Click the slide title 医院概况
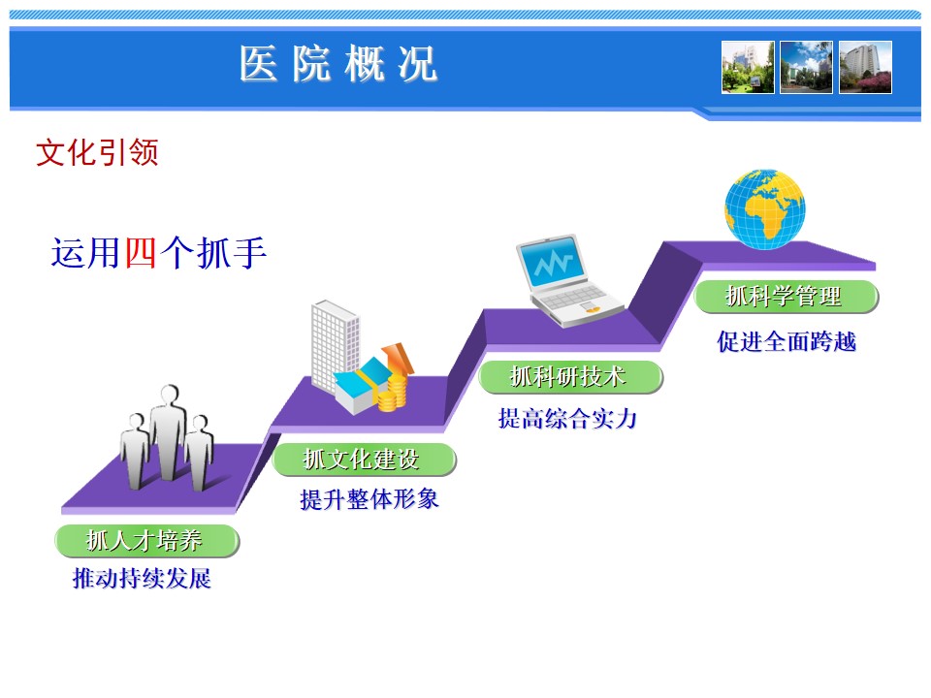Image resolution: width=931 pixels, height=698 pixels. (x=338, y=64)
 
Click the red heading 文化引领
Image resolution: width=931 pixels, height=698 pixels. (x=97, y=152)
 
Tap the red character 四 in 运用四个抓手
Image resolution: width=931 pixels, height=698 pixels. (x=141, y=253)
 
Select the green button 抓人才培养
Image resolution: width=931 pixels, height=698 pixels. (x=146, y=541)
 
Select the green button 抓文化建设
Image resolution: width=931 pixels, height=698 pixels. (x=364, y=460)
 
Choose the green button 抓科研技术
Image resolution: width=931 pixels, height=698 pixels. (x=570, y=377)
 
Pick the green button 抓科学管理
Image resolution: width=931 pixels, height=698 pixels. (x=786, y=297)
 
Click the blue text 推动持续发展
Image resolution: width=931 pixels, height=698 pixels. (x=142, y=578)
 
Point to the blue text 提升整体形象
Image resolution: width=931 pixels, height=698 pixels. (x=369, y=499)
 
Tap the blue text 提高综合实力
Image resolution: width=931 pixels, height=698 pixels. (x=567, y=419)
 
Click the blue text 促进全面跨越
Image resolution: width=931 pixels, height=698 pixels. (x=787, y=341)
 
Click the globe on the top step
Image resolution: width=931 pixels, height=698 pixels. (x=765, y=209)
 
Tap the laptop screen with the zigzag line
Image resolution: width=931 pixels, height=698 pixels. (x=552, y=262)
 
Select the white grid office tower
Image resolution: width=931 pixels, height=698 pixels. (x=335, y=345)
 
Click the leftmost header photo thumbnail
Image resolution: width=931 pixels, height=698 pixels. (x=748, y=67)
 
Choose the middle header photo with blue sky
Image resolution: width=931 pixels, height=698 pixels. (x=806, y=67)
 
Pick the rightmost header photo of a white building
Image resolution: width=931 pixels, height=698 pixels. (x=865, y=67)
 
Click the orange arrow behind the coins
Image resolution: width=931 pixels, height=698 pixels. (x=400, y=358)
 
